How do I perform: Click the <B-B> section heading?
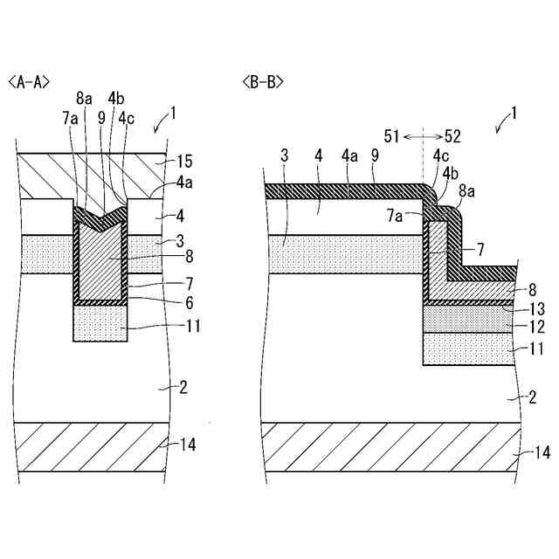coord(263,82)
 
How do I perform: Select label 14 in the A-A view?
coord(187,445)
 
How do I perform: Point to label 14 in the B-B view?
coord(542,452)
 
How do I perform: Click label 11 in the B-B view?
coord(536,348)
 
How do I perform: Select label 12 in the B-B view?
coord(536,328)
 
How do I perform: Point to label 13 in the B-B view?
coord(536,308)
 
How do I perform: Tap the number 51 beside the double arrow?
coord(391,136)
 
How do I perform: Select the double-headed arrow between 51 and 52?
coord(422,136)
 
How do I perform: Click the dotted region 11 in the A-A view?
coord(100,323)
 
